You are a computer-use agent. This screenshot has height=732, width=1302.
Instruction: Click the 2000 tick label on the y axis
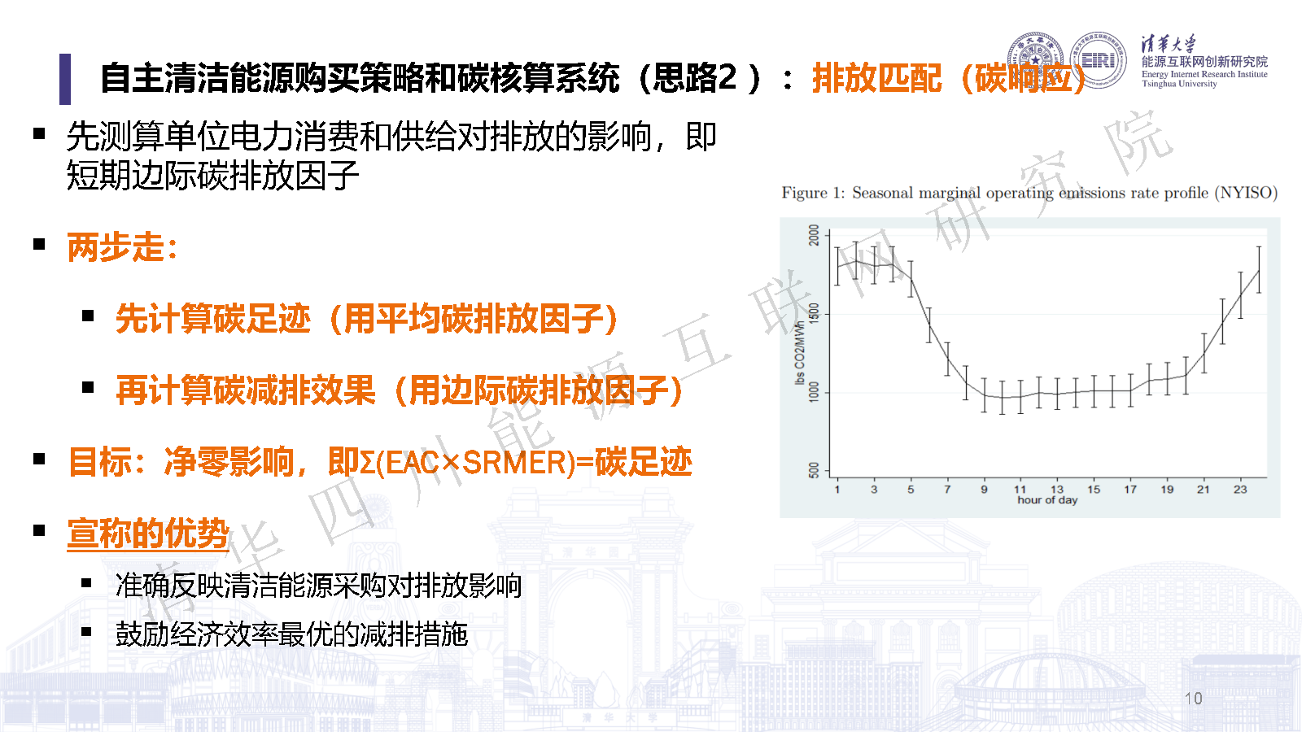pos(814,235)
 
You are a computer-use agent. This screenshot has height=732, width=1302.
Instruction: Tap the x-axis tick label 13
pos(1057,489)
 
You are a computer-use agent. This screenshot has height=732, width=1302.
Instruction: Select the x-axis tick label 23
pos(1240,489)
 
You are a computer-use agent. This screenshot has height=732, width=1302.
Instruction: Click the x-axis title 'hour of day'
pos(1047,499)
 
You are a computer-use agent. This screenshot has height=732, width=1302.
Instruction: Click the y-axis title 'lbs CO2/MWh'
pos(800,352)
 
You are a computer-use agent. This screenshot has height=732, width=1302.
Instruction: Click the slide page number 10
pos(1193,699)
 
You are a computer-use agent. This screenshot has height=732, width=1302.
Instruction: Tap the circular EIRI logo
pos(1098,60)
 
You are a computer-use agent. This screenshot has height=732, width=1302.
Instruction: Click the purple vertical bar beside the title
pos(65,79)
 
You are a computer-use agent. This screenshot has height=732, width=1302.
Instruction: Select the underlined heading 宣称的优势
pos(148,534)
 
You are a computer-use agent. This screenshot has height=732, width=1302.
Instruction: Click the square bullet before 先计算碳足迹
pos(88,316)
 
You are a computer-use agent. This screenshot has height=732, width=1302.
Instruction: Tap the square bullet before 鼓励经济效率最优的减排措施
pos(86,631)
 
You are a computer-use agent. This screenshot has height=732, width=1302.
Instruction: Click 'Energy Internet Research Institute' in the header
pos(1204,74)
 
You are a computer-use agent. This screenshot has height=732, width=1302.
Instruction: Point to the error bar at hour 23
pos(1258,270)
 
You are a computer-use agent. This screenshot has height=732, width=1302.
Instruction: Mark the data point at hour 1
pos(837,266)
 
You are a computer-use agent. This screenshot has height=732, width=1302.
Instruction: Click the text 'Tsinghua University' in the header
pos(1179,84)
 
